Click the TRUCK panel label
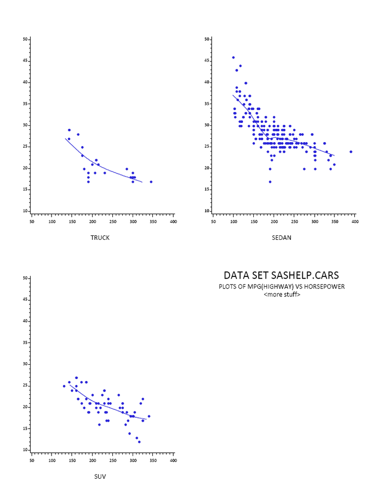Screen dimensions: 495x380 (x=100, y=238)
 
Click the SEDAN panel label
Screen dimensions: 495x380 (x=282, y=238)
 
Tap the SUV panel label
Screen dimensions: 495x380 (x=100, y=477)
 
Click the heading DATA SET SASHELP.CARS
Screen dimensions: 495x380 (x=282, y=275)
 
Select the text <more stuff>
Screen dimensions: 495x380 (x=282, y=294)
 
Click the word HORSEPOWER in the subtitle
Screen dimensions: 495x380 (x=326, y=287)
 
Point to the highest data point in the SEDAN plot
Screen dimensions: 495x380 (x=234, y=57)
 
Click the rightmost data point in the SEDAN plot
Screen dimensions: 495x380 (x=351, y=152)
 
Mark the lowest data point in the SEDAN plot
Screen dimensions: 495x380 (x=270, y=182)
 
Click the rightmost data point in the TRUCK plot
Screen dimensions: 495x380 (x=151, y=182)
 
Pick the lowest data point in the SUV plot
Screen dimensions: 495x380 (x=139, y=441)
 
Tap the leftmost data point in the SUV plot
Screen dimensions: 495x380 (x=64, y=386)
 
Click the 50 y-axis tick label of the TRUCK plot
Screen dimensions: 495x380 (x=25, y=39)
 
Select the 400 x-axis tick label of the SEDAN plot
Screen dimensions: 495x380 (x=355, y=221)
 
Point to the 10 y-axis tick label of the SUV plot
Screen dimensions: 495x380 (x=25, y=450)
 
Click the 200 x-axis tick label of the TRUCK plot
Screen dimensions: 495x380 (x=93, y=221)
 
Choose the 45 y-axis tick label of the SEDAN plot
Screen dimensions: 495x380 (x=207, y=61)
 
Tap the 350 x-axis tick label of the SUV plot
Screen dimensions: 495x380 (x=153, y=460)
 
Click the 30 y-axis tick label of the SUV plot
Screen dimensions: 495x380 (x=25, y=364)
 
